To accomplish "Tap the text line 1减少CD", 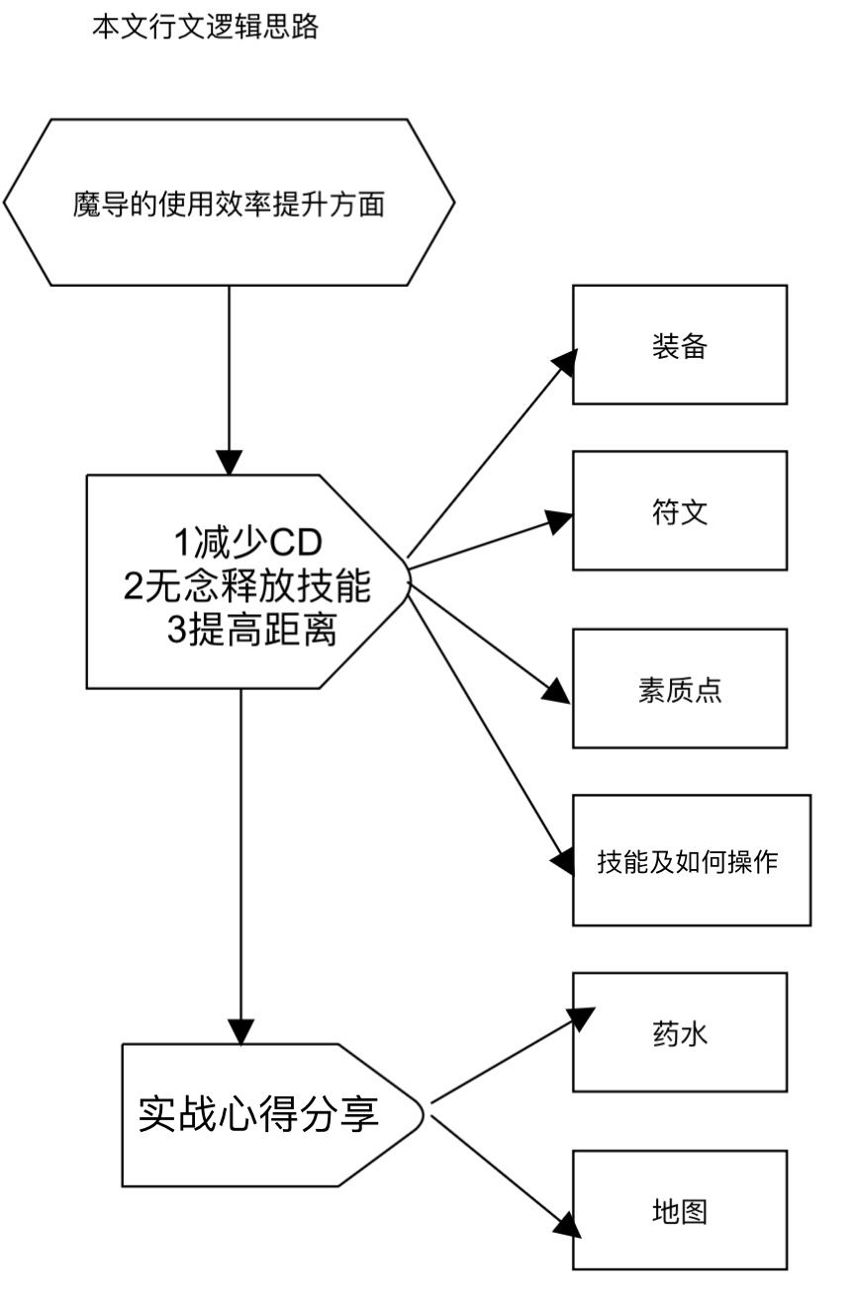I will coord(248,543).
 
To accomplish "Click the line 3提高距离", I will coord(251,631).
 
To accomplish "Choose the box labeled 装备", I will coord(680,344).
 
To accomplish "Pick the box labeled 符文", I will coord(680,510).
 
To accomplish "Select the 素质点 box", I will coord(680,688).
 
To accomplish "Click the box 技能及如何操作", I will coord(691,860).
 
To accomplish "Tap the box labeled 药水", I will coord(680,1032).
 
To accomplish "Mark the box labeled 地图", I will coord(680,1210).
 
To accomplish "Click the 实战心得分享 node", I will coord(258,1114).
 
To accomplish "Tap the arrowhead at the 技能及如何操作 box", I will coord(562,859).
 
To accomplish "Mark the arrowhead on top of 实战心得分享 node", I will coord(240,1030).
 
